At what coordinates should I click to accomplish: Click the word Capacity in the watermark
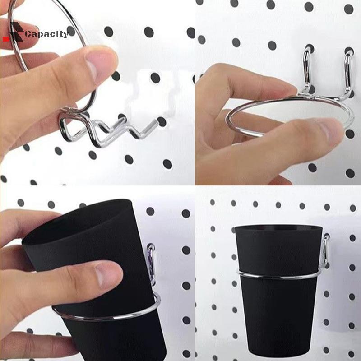pos(46,34)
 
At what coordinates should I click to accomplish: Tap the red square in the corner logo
pos(6,39)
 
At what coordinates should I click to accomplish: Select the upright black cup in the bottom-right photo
pos(278,288)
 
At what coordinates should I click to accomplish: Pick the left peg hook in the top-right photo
pos(307,69)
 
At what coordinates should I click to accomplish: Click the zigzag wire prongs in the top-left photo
pos(108,129)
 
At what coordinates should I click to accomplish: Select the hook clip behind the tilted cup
pos(151,265)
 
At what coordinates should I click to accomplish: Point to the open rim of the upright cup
pos(278,228)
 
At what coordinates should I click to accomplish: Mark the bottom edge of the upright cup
pos(279,349)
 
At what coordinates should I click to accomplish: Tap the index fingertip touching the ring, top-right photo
pos(288,88)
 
